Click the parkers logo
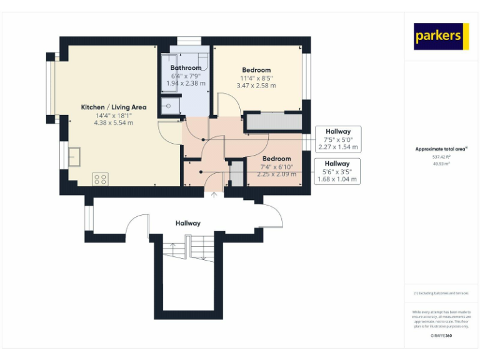tap(441, 37)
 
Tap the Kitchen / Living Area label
tap(114, 107)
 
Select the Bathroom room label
tap(186, 67)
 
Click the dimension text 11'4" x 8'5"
tap(256, 78)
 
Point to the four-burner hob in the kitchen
tap(100, 179)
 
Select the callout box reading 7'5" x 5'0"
tap(337, 139)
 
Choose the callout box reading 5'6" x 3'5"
tap(337, 171)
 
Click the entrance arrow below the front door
tap(214, 196)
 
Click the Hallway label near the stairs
tap(187, 223)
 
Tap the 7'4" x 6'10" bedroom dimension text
tap(276, 167)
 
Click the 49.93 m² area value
tap(441, 163)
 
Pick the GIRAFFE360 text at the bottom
tap(441, 336)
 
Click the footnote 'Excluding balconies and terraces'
tap(441, 293)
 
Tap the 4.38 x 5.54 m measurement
tap(114, 123)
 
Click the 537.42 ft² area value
tap(441, 157)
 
